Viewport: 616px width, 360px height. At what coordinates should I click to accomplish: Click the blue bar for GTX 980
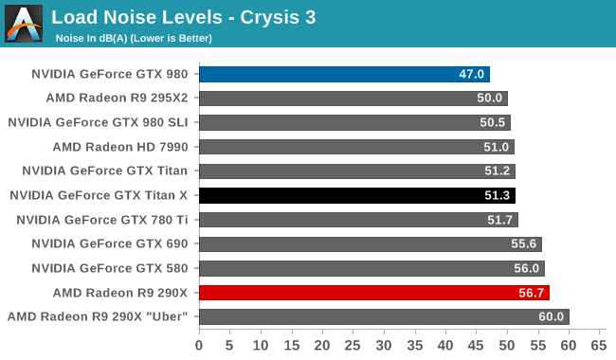point(345,74)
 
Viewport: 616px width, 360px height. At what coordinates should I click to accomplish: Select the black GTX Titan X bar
point(357,195)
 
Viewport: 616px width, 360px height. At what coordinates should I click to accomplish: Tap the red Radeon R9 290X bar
point(374,293)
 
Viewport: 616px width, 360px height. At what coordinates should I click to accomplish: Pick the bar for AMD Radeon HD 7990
point(356,147)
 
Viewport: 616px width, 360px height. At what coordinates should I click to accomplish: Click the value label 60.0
point(552,316)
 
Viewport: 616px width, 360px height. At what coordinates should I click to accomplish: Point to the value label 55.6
point(524,243)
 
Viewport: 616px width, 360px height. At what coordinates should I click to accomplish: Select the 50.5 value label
point(492,122)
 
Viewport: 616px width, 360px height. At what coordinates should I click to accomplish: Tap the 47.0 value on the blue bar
point(471,74)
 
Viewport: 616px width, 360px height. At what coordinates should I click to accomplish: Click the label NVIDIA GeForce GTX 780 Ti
point(102,220)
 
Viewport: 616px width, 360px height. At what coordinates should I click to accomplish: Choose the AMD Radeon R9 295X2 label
point(118,98)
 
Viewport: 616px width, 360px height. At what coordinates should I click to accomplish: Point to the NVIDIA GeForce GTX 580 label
point(110,268)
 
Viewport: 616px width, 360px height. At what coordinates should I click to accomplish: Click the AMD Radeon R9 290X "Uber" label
point(98,316)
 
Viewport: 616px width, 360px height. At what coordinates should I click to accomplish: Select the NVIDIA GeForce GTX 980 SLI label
point(98,122)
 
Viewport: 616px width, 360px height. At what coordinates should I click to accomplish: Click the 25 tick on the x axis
point(353,346)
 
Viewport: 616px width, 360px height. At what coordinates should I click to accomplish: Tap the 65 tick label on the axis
point(599,346)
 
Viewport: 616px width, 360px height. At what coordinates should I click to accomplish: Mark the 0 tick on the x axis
point(199,346)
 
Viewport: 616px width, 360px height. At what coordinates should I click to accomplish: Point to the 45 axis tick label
point(476,346)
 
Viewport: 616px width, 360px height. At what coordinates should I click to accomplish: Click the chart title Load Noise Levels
point(136,17)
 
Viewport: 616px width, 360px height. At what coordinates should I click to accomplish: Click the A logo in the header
point(24,24)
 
